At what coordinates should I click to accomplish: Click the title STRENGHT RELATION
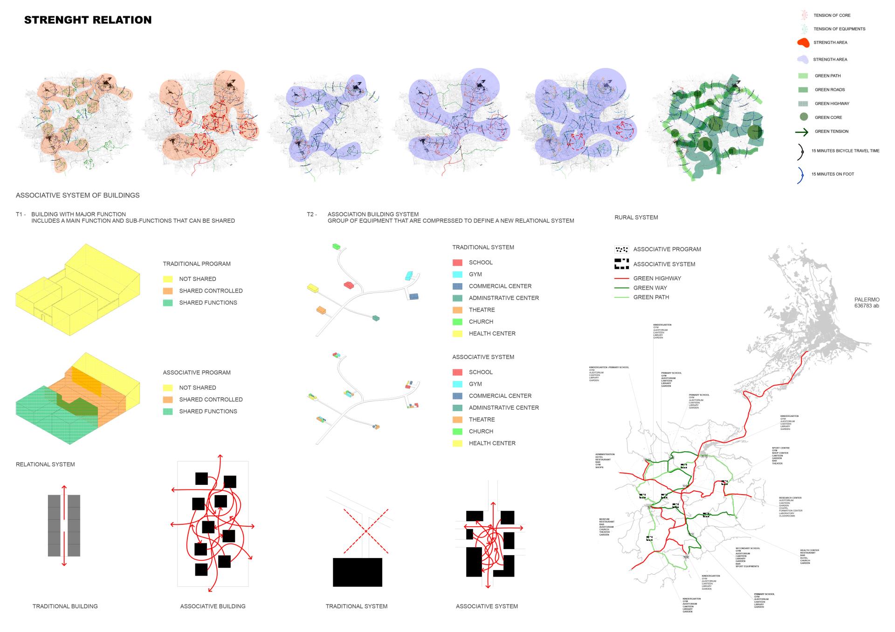tap(88, 20)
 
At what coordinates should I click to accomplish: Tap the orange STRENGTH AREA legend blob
tap(803, 43)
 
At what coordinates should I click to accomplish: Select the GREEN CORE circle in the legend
tap(803, 117)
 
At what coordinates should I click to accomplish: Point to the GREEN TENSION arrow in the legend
tap(802, 132)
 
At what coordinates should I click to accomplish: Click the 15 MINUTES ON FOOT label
tap(833, 174)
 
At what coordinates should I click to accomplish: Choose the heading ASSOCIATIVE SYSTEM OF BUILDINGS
tap(77, 195)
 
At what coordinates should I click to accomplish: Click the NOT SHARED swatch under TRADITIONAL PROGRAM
tap(168, 279)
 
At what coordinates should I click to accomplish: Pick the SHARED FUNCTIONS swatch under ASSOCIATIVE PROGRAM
tap(168, 412)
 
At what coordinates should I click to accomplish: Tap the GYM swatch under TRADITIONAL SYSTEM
tap(457, 275)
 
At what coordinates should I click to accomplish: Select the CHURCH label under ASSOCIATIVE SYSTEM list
tap(481, 431)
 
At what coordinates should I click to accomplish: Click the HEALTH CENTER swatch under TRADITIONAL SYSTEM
tap(457, 334)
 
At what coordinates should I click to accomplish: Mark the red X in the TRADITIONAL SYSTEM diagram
tap(366, 531)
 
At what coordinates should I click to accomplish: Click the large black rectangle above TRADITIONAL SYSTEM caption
tap(357, 572)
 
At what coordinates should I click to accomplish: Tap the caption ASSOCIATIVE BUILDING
tap(213, 606)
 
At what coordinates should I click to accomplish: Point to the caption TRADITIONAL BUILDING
tap(65, 606)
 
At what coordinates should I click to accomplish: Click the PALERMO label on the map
tap(867, 300)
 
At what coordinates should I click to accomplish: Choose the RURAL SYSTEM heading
tap(636, 217)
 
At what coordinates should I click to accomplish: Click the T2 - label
tap(311, 215)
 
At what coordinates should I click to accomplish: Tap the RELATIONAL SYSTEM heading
tap(45, 464)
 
